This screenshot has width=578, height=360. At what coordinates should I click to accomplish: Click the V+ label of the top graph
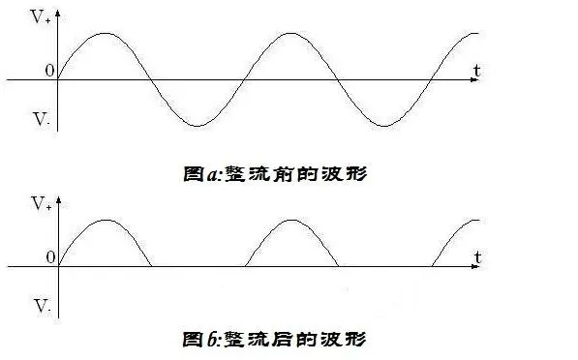41,17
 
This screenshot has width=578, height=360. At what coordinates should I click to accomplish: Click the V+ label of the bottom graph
41,204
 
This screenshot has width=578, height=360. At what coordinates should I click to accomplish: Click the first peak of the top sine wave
105,33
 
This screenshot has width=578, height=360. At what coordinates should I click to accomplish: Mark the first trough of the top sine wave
198,126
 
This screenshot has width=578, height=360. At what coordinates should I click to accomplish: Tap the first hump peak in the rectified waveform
105,220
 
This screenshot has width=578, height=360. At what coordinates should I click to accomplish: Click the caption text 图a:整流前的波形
276,175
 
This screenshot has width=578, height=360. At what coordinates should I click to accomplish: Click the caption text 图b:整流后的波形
276,340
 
